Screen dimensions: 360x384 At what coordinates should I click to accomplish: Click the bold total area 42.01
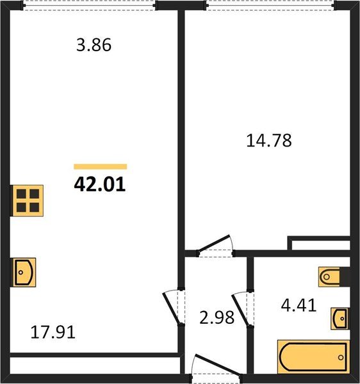100,184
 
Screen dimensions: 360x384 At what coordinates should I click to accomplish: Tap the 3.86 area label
94,45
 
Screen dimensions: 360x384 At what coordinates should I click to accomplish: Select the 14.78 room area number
269,141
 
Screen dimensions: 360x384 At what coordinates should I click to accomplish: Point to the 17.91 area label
53,332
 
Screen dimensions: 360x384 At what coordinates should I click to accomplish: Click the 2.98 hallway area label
217,317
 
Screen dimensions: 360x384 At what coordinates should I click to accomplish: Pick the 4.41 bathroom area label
299,306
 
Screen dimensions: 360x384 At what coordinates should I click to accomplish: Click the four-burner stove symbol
28,200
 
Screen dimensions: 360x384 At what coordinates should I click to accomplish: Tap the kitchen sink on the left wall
24,273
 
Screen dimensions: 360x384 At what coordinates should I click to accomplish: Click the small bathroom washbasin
340,318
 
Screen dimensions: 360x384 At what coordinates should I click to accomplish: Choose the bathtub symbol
313,356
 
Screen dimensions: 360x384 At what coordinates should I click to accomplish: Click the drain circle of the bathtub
341,357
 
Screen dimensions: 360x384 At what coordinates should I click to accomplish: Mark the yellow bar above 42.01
100,166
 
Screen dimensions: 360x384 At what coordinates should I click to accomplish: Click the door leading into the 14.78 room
215,246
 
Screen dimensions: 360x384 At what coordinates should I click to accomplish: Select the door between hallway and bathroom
243,309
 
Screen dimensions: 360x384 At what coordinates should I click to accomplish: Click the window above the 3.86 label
89,5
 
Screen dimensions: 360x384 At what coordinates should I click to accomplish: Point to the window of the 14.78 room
270,5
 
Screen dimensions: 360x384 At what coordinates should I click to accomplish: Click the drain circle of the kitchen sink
20,273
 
